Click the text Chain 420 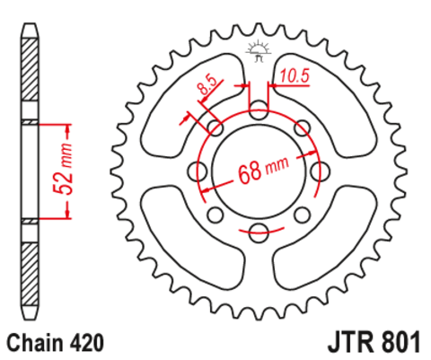[x=56, y=342]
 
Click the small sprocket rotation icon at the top [x=258, y=50]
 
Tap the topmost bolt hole [x=258, y=111]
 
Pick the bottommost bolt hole [x=258, y=233]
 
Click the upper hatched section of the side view [x=31, y=76]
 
